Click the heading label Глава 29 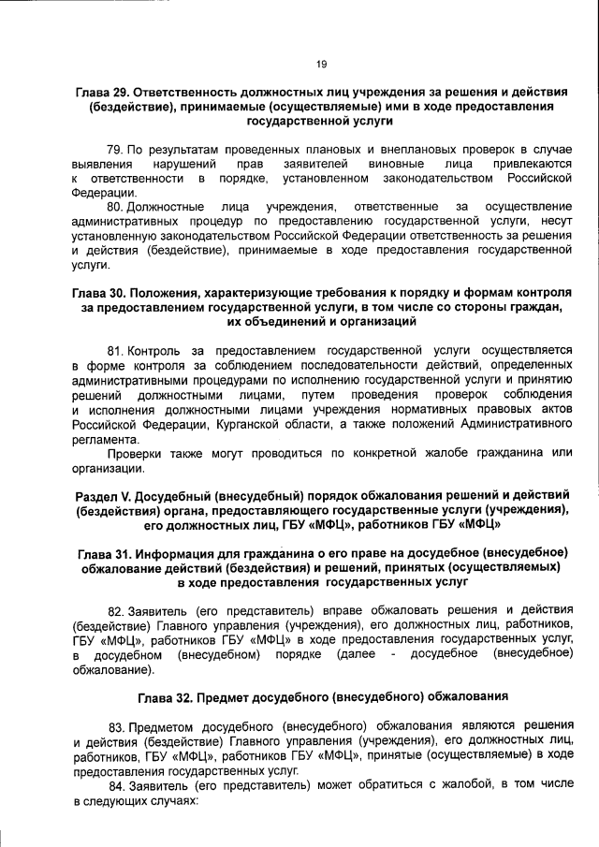tap(105, 94)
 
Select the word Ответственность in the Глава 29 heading tap(195, 94)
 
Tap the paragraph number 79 tap(116, 150)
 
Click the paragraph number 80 tap(116, 206)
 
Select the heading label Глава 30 tap(102, 293)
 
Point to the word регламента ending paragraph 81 tap(104, 439)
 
